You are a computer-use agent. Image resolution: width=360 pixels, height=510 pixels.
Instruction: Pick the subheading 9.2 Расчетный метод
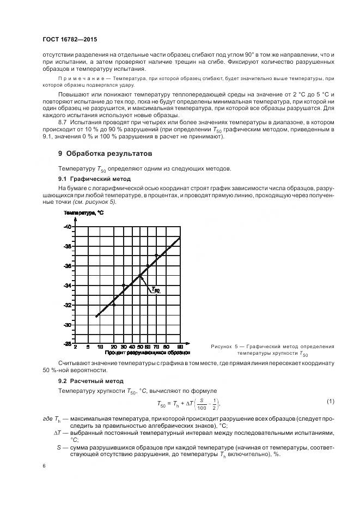[86, 380]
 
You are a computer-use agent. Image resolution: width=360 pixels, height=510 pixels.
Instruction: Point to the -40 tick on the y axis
[68, 226]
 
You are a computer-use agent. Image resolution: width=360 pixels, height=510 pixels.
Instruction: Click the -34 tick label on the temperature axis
[68, 285]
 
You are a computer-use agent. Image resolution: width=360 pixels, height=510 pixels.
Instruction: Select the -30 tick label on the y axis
[68, 325]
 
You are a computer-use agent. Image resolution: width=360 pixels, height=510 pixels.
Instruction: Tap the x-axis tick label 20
[113, 347]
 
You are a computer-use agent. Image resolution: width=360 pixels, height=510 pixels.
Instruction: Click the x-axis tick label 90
[180, 347]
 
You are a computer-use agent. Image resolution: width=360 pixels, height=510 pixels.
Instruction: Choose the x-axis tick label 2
[75, 347]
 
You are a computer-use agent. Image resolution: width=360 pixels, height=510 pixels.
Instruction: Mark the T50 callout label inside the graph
[155, 290]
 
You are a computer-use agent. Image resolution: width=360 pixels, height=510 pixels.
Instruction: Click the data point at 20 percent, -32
[114, 305]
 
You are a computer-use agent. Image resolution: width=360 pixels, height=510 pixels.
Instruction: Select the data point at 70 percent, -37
[156, 255]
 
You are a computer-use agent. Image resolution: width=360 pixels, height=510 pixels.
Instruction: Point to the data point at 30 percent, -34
[124, 285]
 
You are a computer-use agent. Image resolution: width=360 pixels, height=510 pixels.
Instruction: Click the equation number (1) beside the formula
[330, 402]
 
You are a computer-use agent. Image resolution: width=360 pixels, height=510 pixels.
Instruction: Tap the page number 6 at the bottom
[44, 466]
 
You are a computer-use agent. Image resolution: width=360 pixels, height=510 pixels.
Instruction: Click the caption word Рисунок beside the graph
[221, 347]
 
